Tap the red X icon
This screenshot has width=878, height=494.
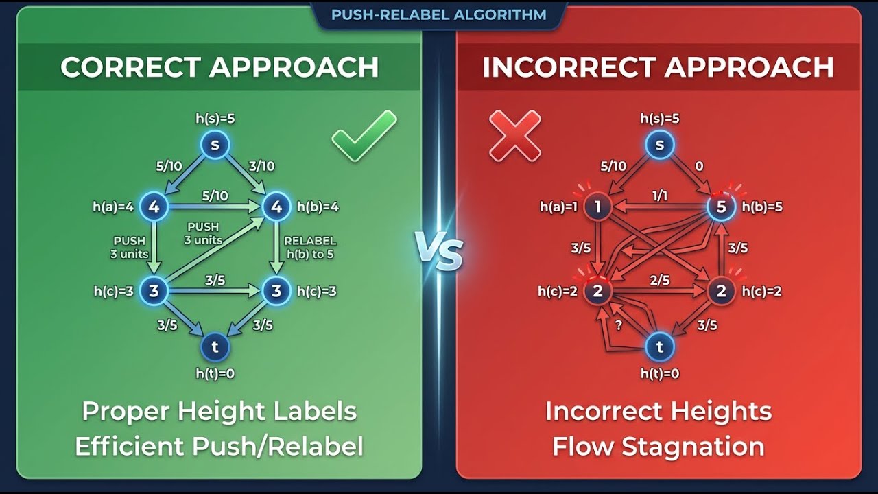coord(514,135)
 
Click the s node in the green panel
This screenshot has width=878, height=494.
coord(215,145)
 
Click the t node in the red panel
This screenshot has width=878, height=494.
coord(659,347)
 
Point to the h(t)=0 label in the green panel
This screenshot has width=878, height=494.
coord(215,373)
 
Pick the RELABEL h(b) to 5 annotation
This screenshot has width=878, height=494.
coord(310,247)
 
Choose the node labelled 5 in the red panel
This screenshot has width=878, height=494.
coord(720,207)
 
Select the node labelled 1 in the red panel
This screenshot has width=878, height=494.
coord(597,207)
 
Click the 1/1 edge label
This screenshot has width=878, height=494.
coord(659,196)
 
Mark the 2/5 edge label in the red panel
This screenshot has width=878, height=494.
coord(659,281)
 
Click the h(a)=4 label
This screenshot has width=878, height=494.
coord(113,207)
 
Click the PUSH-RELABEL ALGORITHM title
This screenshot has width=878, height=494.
coord(438,14)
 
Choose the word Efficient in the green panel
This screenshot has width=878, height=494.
coord(130,447)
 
